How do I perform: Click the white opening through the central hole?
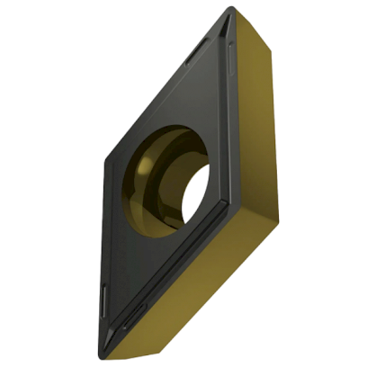192,190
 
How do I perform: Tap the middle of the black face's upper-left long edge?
162,90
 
